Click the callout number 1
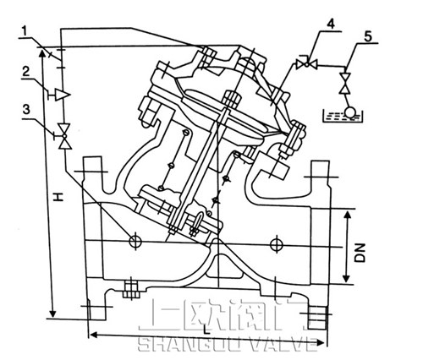(30, 32)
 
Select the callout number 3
(28, 109)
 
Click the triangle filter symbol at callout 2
(61, 93)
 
